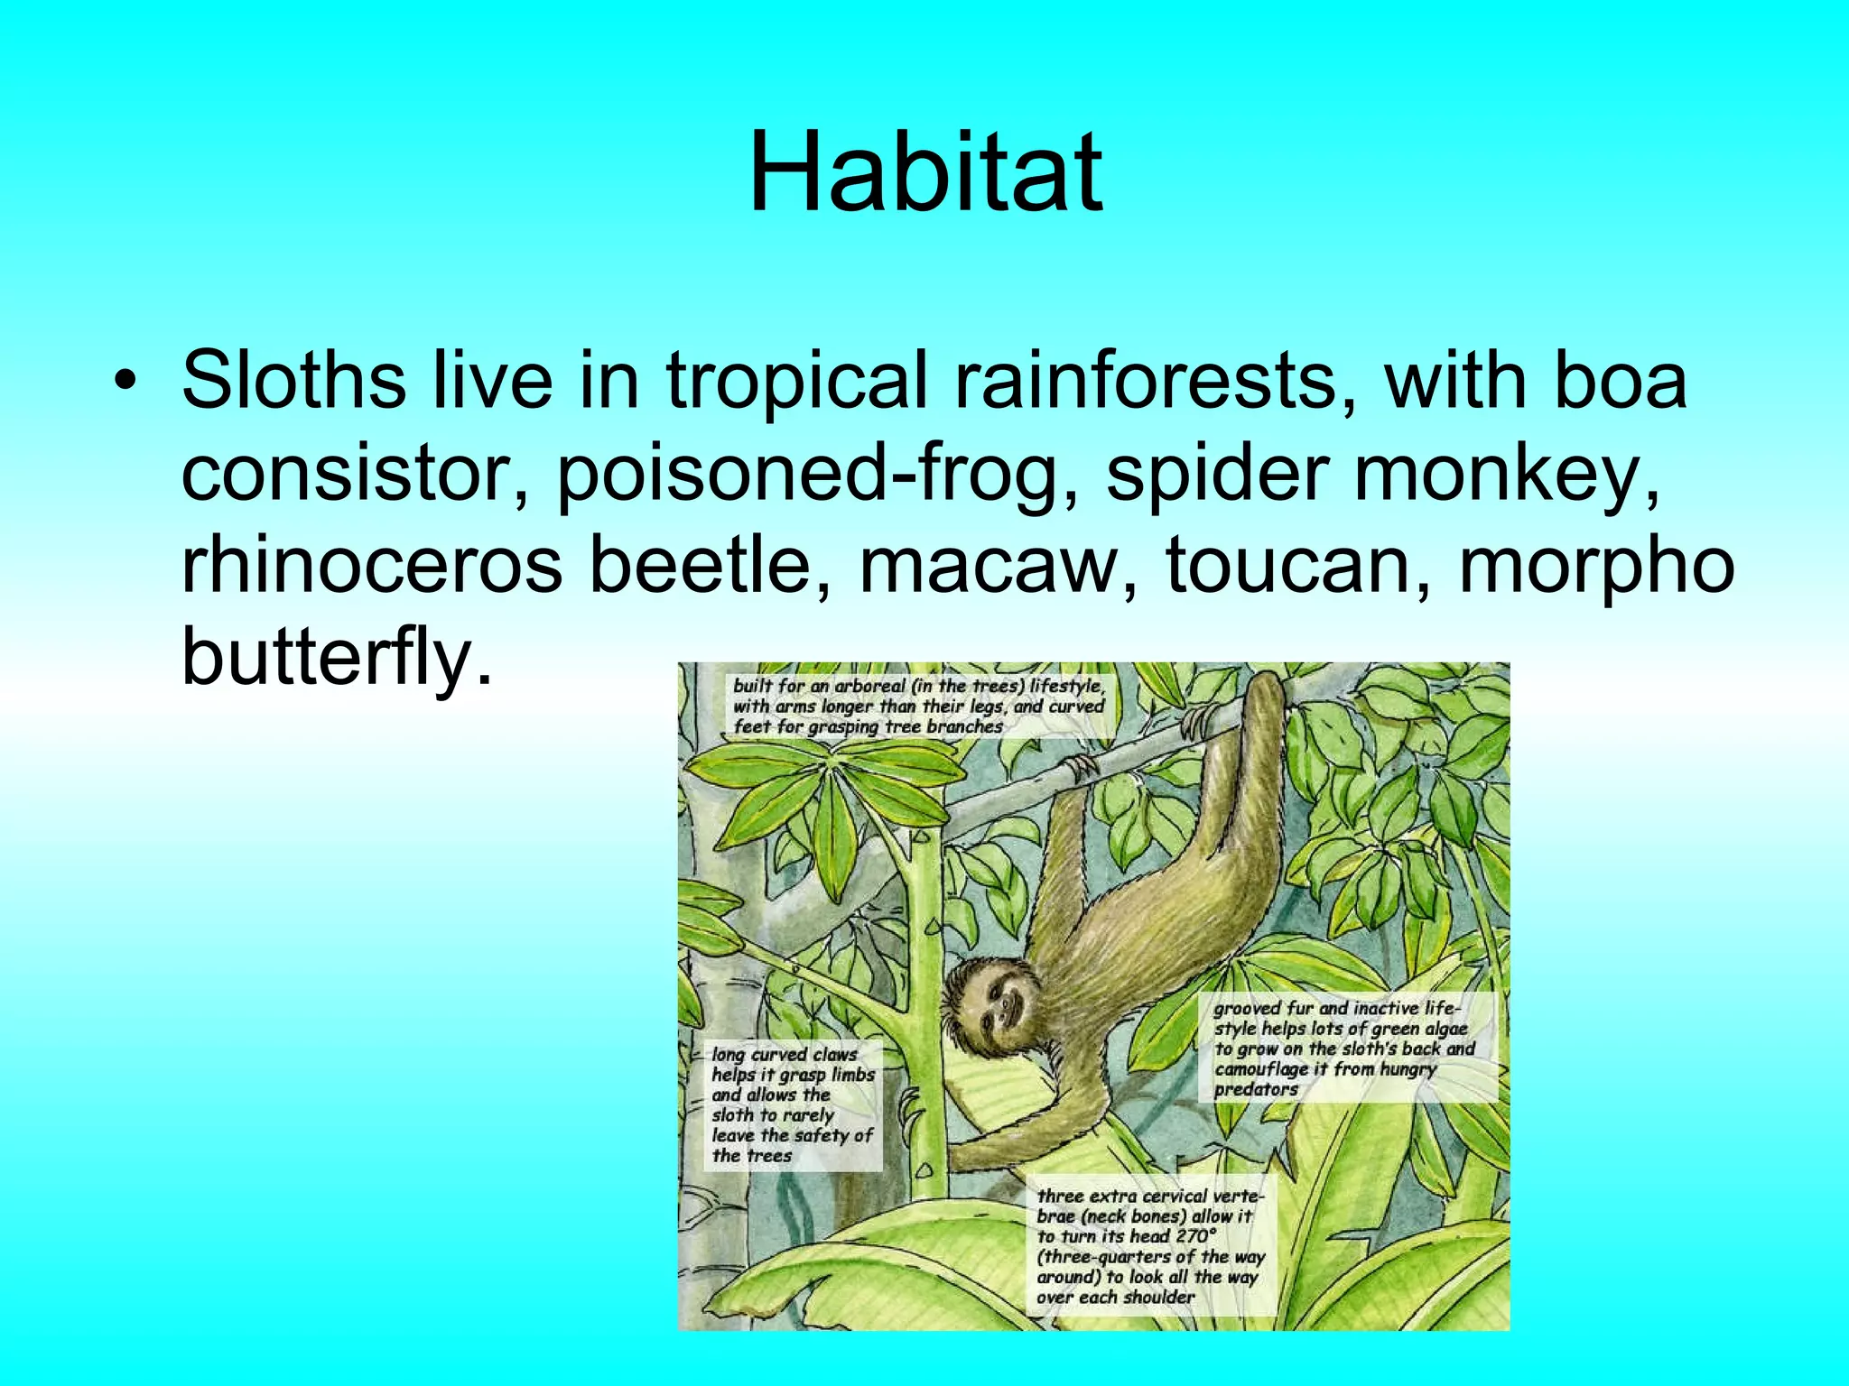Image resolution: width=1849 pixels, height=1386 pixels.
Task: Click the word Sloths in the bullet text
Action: coord(293,381)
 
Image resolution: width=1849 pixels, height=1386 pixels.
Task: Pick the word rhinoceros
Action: coord(371,567)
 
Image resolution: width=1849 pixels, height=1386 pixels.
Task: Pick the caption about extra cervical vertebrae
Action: coord(1150,1246)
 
